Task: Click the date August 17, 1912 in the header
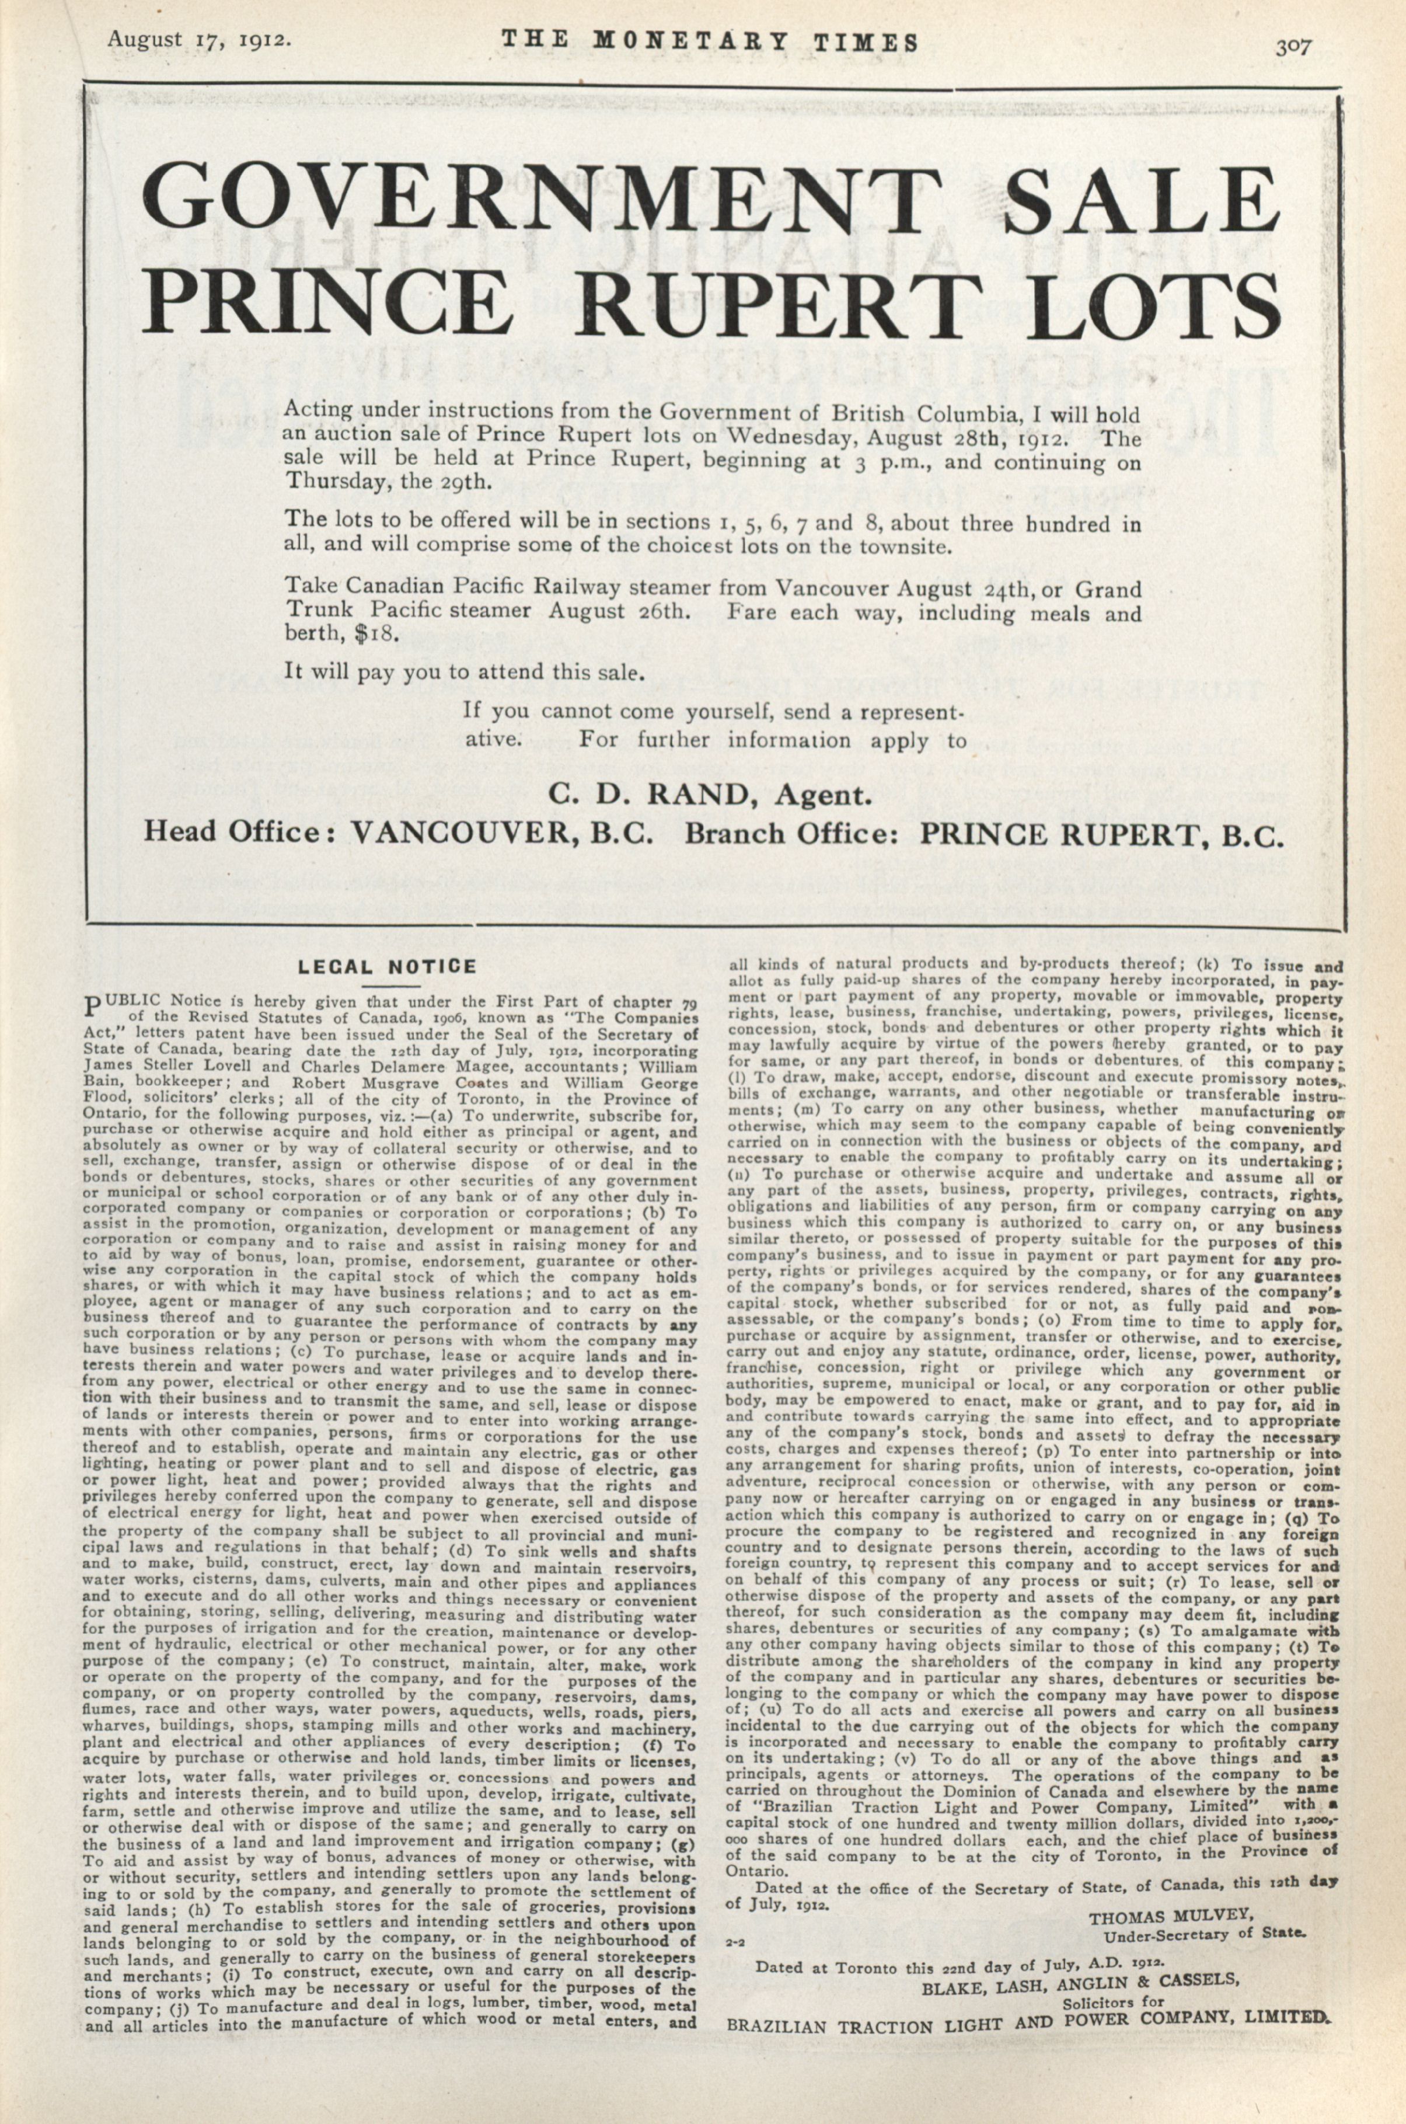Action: pos(198,40)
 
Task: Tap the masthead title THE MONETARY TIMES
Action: pos(709,42)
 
